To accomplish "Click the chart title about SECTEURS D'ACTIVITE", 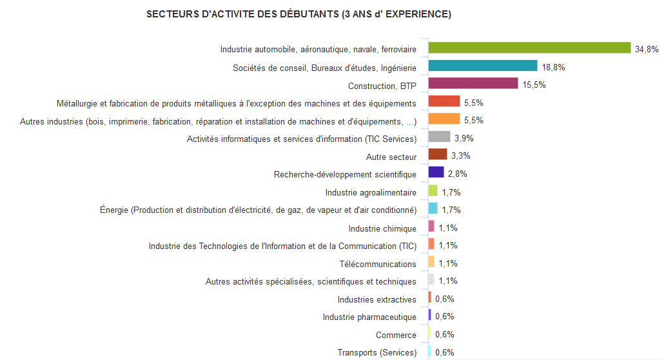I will tap(299, 14).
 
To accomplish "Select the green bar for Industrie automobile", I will tap(529, 48).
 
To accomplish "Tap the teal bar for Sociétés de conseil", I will tap(483, 66).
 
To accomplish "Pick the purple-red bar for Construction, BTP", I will tap(473, 83).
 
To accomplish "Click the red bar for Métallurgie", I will tap(444, 101).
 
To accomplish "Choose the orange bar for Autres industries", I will tap(444, 119).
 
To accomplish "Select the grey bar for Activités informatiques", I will tap(439, 137).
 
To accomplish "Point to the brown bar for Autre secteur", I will tap(438, 154).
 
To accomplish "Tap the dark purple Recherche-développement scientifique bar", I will tap(436, 172).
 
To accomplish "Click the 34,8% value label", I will tap(647, 49).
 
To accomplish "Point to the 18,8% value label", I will tap(554, 67).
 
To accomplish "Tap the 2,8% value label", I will tap(458, 174).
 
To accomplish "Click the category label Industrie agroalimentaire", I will tap(371, 192).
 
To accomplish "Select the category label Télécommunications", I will tap(378, 264).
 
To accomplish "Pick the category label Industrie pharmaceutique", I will tap(369, 317).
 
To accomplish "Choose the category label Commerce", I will tap(396, 335).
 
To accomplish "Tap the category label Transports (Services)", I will tap(377, 352).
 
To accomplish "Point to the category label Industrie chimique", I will tap(382, 228).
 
